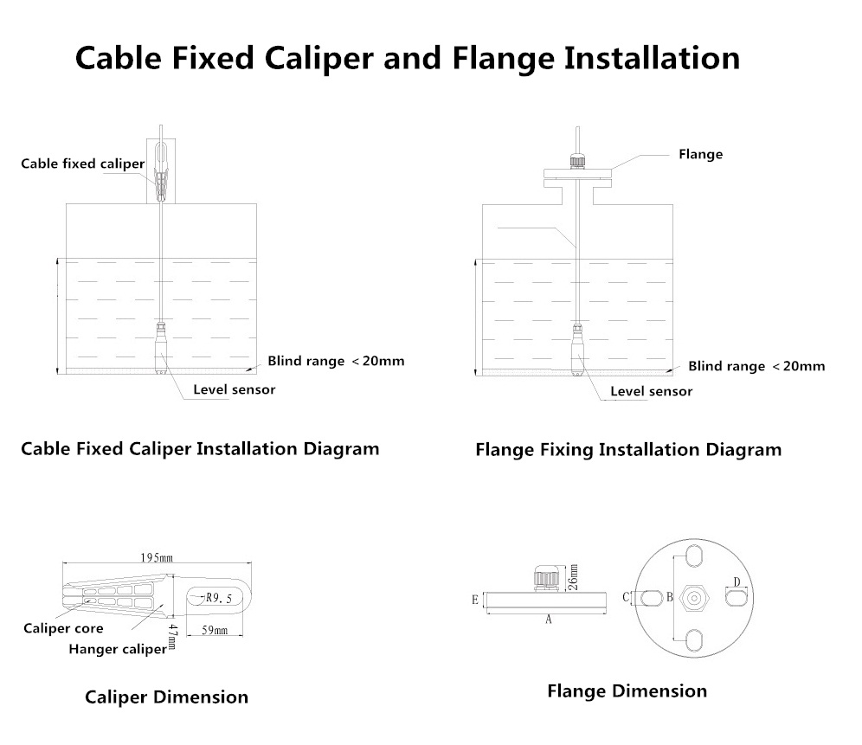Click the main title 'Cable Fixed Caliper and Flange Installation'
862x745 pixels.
point(407,59)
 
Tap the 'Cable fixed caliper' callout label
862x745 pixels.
point(83,164)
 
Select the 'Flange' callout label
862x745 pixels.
point(700,155)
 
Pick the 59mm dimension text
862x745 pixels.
point(214,632)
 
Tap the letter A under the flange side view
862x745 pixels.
point(548,620)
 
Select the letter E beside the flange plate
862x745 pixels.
point(475,599)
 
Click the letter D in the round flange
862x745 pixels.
point(737,581)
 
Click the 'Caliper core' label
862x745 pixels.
point(63,628)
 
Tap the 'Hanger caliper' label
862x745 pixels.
point(117,649)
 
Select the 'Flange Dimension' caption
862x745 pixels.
point(627,691)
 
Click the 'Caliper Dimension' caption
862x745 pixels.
point(166,697)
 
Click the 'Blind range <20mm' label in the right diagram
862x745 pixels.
point(756,366)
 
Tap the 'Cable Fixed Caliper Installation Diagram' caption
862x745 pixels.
point(200,449)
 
